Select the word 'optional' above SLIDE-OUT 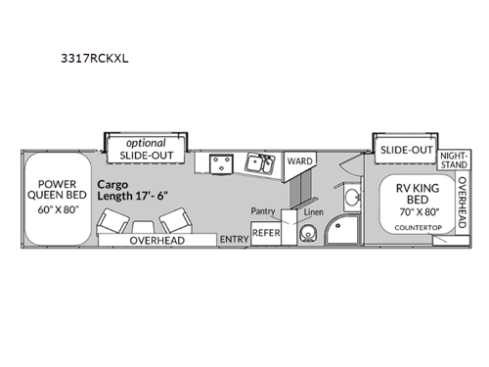coord(144,142)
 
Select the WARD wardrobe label coord(298,162)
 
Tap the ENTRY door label coord(233,239)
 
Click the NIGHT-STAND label coord(453,161)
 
